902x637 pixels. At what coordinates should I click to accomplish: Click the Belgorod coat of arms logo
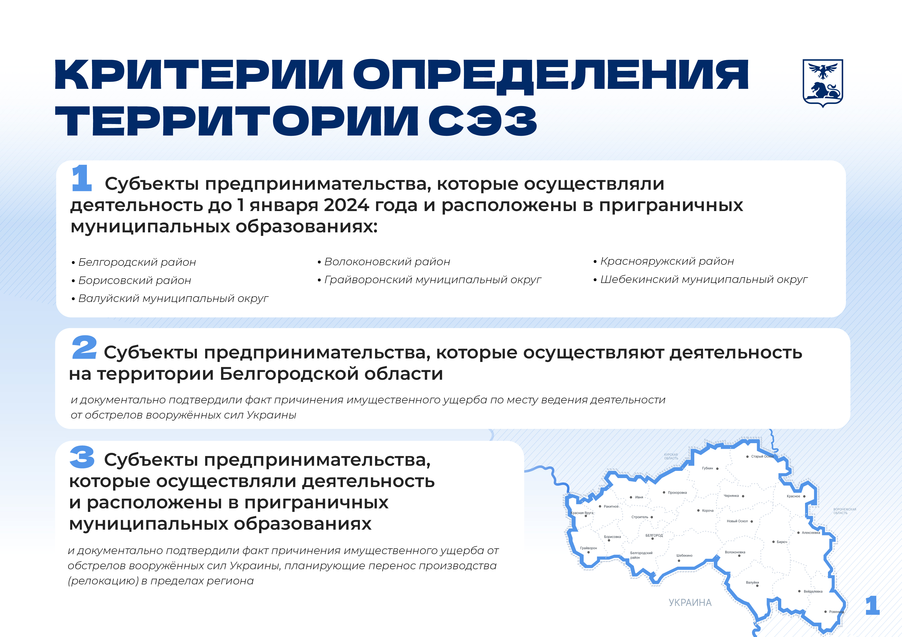tap(823, 83)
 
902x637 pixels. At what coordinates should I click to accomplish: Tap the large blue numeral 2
tap(84, 347)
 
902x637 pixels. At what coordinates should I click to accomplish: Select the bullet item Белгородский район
tap(134, 262)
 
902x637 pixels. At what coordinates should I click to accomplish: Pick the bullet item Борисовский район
tap(131, 280)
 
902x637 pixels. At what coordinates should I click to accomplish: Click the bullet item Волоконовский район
tap(384, 262)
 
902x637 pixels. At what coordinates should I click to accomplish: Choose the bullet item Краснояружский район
tap(663, 261)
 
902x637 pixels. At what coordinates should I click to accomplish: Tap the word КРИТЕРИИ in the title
tap(199, 74)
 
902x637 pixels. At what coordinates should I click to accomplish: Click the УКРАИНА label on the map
tap(690, 602)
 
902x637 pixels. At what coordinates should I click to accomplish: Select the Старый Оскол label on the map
tap(762, 457)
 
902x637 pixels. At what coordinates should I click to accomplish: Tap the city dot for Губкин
tap(717, 469)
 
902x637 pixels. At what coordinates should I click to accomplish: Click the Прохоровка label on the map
tap(677, 492)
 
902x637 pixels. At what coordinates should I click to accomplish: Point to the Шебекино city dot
tap(679, 561)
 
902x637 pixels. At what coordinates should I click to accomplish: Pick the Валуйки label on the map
tap(752, 583)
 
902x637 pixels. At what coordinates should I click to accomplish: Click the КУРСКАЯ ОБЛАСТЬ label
tap(671, 457)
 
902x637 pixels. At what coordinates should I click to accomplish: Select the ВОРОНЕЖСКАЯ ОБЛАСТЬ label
tap(845, 511)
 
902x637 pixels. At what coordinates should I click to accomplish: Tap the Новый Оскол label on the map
tap(737, 521)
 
